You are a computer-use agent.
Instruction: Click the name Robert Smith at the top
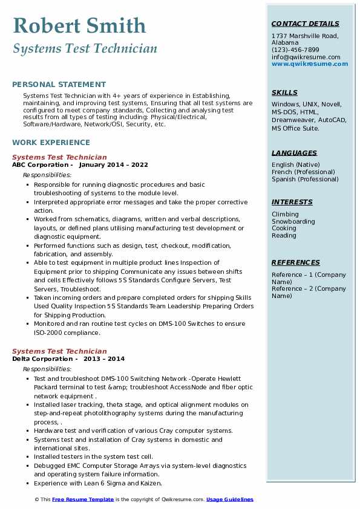coord(79,25)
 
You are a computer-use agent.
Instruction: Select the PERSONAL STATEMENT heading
coord(59,85)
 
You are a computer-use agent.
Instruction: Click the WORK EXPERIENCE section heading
coord(51,143)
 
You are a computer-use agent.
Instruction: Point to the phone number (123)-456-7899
coord(295,50)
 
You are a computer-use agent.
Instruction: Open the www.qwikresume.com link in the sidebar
coord(310,63)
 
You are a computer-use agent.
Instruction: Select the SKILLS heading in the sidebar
coord(284,92)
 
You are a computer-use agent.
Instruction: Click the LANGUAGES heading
coord(294,153)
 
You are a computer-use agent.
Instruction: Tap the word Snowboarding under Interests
coord(293,221)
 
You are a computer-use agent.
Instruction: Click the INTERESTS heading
coord(292,202)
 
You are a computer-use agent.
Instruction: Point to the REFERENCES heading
coord(295,262)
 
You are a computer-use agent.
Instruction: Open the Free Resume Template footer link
coord(83,499)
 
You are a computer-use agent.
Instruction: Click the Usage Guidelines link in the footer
coord(229,499)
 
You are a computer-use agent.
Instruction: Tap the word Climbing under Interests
coord(285,214)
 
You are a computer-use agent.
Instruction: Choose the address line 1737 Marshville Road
coord(305,36)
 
